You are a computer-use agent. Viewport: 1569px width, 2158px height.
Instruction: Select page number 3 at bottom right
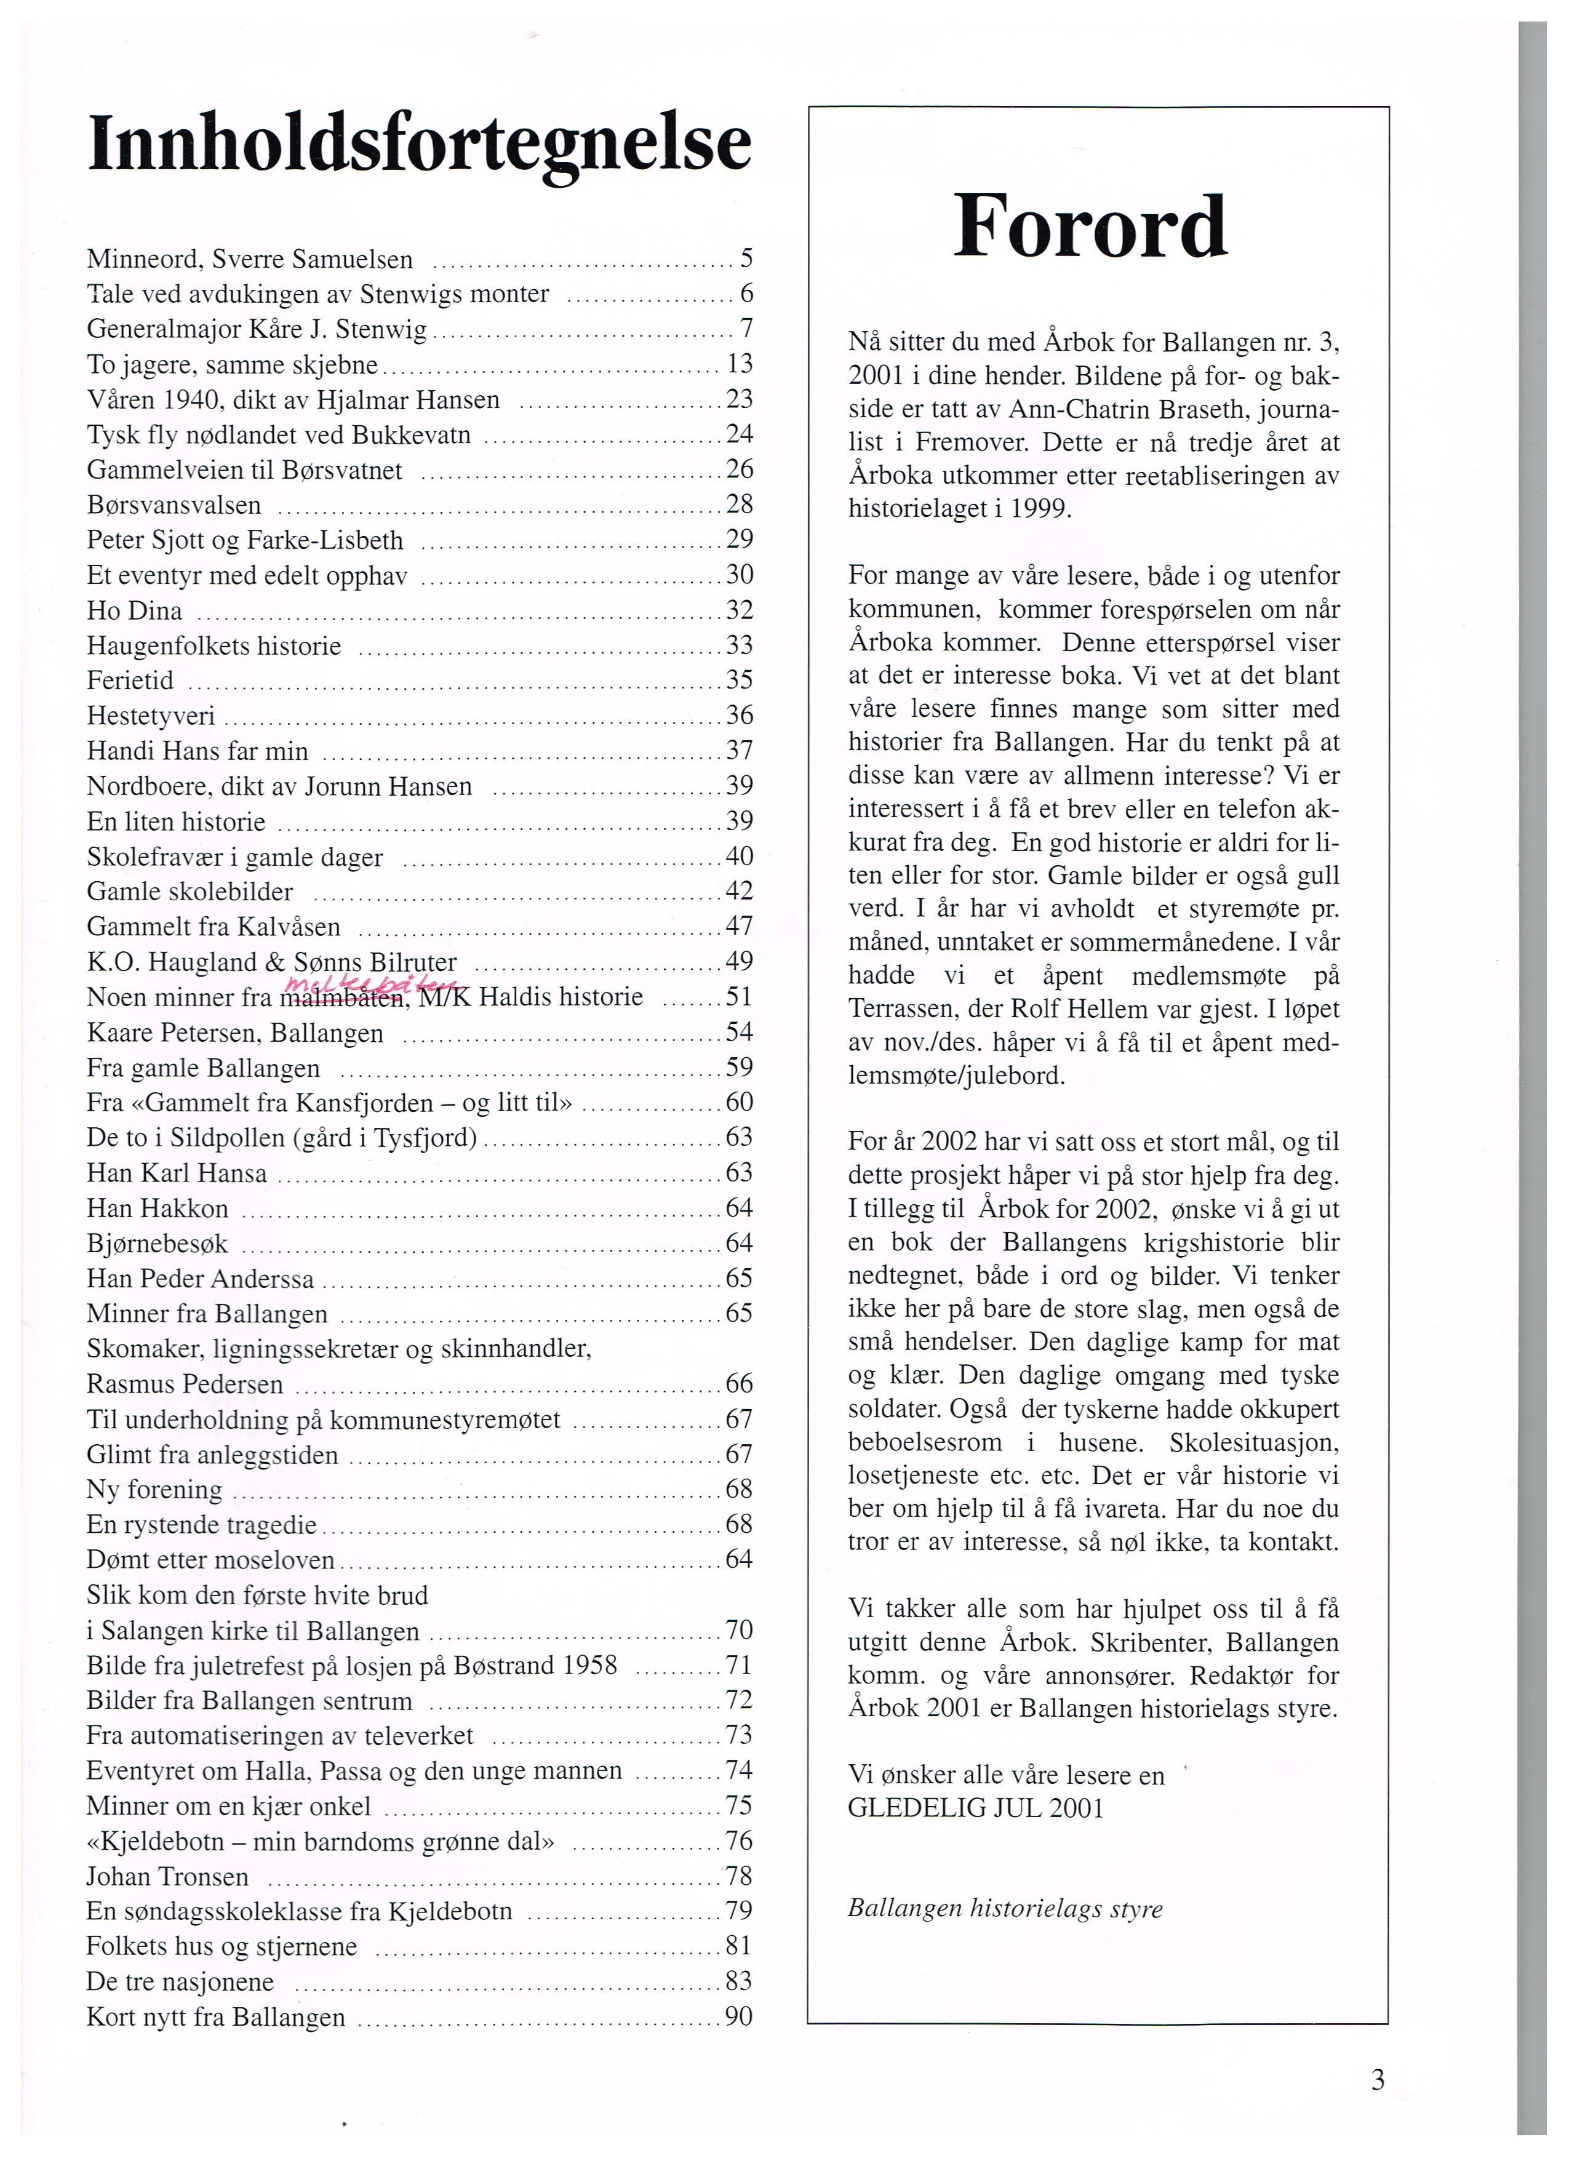tap(1378, 2080)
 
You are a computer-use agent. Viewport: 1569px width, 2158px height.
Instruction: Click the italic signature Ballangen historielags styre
tap(1005, 1908)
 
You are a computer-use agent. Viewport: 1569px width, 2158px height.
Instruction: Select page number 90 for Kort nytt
tap(738, 2016)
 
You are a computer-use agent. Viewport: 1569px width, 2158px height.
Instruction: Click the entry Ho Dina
tap(134, 610)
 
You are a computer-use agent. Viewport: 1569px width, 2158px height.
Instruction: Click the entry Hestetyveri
tap(150, 716)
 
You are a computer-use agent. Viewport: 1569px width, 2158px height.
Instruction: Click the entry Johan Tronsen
tap(167, 1876)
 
